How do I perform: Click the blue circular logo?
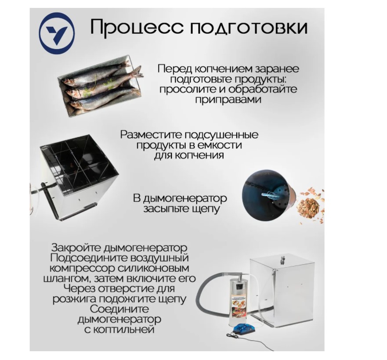tap(57, 33)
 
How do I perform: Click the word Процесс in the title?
tap(137, 27)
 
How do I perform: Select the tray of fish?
tap(101, 86)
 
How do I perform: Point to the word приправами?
tap(228, 100)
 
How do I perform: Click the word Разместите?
tap(151, 135)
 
